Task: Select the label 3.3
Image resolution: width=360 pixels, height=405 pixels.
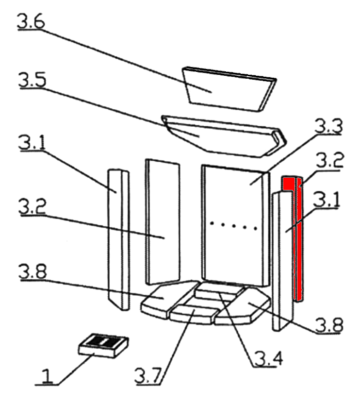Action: coord(328,128)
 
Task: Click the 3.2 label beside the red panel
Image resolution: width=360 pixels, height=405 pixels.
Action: coord(330,161)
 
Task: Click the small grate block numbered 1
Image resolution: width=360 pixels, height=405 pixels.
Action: coord(104,345)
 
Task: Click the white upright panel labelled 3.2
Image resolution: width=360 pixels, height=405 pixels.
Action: coord(163,221)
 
